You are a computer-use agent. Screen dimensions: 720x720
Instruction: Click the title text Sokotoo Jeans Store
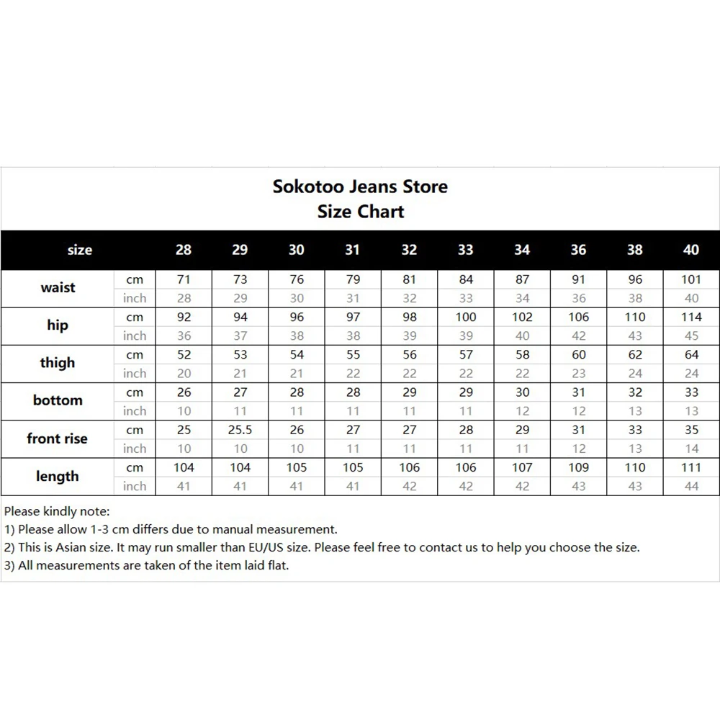pyautogui.click(x=360, y=186)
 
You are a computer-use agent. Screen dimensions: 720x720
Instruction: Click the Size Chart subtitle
pyautogui.click(x=360, y=212)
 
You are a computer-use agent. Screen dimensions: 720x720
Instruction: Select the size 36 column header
pyautogui.click(x=578, y=250)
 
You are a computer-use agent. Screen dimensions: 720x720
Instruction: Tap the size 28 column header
pyautogui.click(x=184, y=250)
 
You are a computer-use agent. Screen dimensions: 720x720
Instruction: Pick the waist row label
pyautogui.click(x=58, y=288)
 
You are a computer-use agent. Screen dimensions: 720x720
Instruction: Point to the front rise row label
pyautogui.click(x=57, y=438)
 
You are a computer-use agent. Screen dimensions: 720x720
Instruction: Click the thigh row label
pyautogui.click(x=58, y=363)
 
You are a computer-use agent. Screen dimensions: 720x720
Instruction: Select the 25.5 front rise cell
pyautogui.click(x=240, y=430)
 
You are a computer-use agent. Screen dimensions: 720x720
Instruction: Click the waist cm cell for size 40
pyautogui.click(x=691, y=279)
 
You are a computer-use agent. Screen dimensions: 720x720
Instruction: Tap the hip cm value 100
pyautogui.click(x=466, y=317)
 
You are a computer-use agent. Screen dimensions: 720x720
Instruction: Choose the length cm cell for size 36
pyautogui.click(x=578, y=467)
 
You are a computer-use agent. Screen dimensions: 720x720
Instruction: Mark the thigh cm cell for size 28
pyautogui.click(x=184, y=355)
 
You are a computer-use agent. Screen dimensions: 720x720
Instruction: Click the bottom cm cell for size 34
pyautogui.click(x=522, y=392)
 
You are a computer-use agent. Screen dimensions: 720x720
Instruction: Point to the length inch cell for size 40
pyautogui.click(x=691, y=486)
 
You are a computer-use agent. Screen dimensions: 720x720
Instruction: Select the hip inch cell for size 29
pyautogui.click(x=240, y=336)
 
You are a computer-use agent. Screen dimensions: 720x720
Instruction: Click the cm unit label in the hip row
pyautogui.click(x=135, y=317)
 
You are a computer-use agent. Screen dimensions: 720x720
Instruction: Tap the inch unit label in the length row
pyautogui.click(x=135, y=486)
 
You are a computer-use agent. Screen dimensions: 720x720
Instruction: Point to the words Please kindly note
pyautogui.click(x=57, y=512)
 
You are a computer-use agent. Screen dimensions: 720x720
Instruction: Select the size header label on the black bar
pyautogui.click(x=79, y=250)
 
